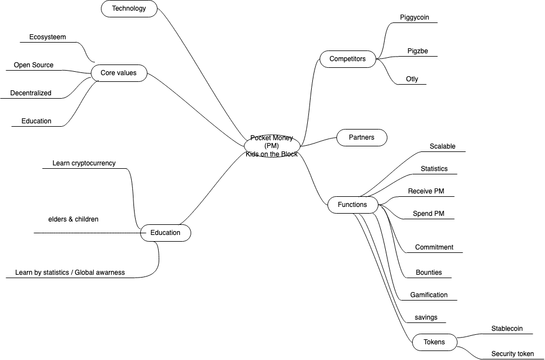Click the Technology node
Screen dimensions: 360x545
[x=129, y=8]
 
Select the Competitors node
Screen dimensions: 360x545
[x=348, y=59]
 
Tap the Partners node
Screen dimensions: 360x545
[x=362, y=137]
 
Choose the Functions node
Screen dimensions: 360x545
[x=353, y=205]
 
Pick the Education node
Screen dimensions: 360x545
[x=165, y=233]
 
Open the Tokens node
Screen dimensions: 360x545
[x=435, y=342]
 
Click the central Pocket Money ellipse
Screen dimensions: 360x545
[x=272, y=146]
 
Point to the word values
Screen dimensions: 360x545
[x=127, y=73]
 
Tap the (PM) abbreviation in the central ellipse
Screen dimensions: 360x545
[x=272, y=146]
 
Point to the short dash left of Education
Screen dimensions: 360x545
[x=144, y=233]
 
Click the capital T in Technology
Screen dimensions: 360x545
[x=114, y=8]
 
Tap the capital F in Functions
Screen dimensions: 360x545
[x=340, y=205]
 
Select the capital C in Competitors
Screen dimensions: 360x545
[x=332, y=59]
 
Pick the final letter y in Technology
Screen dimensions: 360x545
[x=144, y=9]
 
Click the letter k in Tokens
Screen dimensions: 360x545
[x=432, y=342]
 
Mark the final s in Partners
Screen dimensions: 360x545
[x=372, y=137]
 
